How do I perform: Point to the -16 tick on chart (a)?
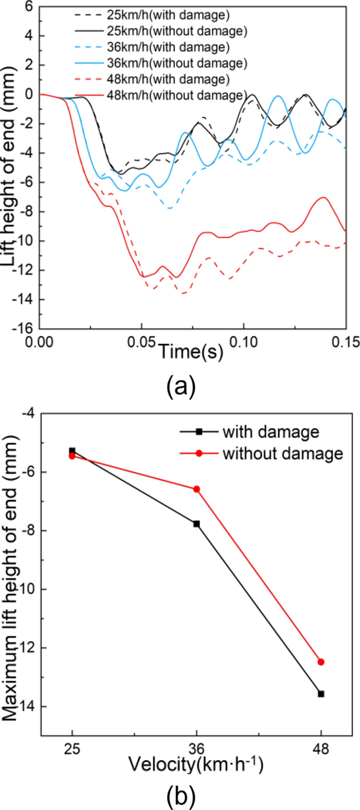point(23,329)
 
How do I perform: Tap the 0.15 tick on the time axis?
point(345,341)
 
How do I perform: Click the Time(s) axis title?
point(191,353)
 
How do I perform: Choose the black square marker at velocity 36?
point(196,524)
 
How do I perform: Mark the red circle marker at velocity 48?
point(321,662)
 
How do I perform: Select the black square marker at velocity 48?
point(321,694)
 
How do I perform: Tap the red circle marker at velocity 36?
point(196,489)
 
